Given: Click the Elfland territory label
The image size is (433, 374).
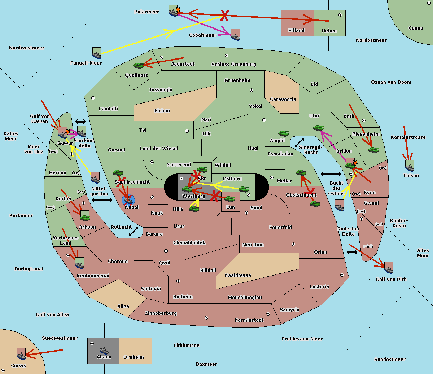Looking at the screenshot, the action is [x=296, y=31].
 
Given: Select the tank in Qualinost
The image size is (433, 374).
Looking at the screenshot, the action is [x=139, y=66].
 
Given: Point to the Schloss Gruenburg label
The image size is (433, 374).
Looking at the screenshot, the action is [x=234, y=64].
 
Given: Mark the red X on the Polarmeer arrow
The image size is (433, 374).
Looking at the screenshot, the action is [x=224, y=16].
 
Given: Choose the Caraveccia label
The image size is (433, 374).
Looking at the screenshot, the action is [x=283, y=99].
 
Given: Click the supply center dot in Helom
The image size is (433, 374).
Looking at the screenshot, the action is [x=340, y=15].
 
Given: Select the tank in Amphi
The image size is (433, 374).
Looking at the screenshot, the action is [x=283, y=133].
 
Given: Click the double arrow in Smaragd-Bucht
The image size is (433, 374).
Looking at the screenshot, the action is [x=299, y=142].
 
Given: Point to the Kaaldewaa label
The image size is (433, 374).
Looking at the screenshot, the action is [x=238, y=275].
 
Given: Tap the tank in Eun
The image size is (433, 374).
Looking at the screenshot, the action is [x=229, y=199].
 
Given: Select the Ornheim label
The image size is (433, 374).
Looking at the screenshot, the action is [x=134, y=357].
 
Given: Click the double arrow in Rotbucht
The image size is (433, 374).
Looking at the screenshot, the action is [x=134, y=232].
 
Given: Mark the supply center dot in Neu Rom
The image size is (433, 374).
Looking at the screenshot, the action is [x=293, y=244].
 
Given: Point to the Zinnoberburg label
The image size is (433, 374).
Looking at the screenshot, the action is [x=161, y=313].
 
